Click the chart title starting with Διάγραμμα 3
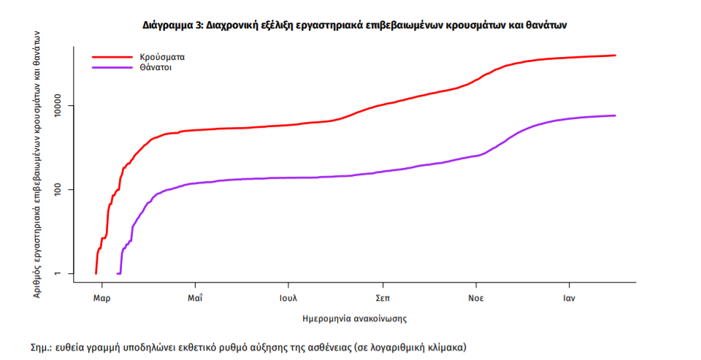(354, 25)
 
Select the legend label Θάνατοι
(156, 67)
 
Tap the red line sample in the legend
(110, 55)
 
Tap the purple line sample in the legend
(110, 67)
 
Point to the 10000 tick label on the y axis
(61, 106)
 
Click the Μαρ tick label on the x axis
(101, 299)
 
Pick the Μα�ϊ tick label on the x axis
(195, 299)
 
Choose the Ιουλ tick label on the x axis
(288, 299)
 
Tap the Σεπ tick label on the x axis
(382, 299)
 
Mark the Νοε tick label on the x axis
(476, 299)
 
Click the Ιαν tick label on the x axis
(570, 299)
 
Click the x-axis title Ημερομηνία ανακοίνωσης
(354, 319)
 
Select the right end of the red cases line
(615, 55)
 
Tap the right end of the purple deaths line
(615, 115)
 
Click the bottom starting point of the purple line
(119, 273)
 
